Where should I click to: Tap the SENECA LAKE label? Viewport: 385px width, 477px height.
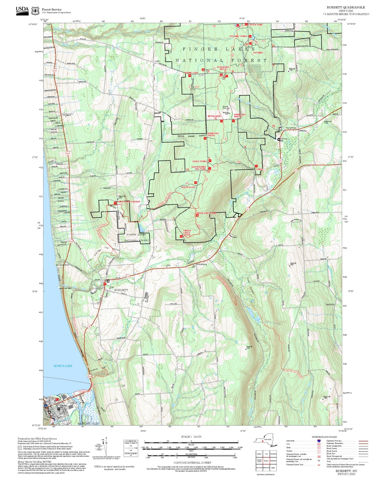pos(63,366)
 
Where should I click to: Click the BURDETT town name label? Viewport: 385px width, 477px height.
pos(121,290)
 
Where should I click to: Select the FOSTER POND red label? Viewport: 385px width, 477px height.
pos(255,25)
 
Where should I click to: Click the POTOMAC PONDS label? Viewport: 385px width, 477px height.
pos(238,36)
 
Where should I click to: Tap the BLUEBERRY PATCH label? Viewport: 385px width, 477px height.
pos(223,68)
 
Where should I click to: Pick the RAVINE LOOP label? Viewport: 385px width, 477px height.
pos(192,73)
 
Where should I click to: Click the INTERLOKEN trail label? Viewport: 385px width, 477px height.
pos(214,116)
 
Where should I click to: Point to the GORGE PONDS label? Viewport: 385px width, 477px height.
pos(200,161)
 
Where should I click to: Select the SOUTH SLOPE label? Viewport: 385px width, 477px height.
pos(188,187)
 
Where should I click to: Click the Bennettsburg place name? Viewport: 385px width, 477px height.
pos(201,264)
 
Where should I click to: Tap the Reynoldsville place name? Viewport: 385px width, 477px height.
pos(291,128)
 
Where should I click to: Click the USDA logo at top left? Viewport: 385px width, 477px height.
pos(22,10)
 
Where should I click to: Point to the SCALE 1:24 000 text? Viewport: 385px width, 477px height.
pos(191,437)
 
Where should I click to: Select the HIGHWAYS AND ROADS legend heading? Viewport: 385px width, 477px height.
pos(324,437)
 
